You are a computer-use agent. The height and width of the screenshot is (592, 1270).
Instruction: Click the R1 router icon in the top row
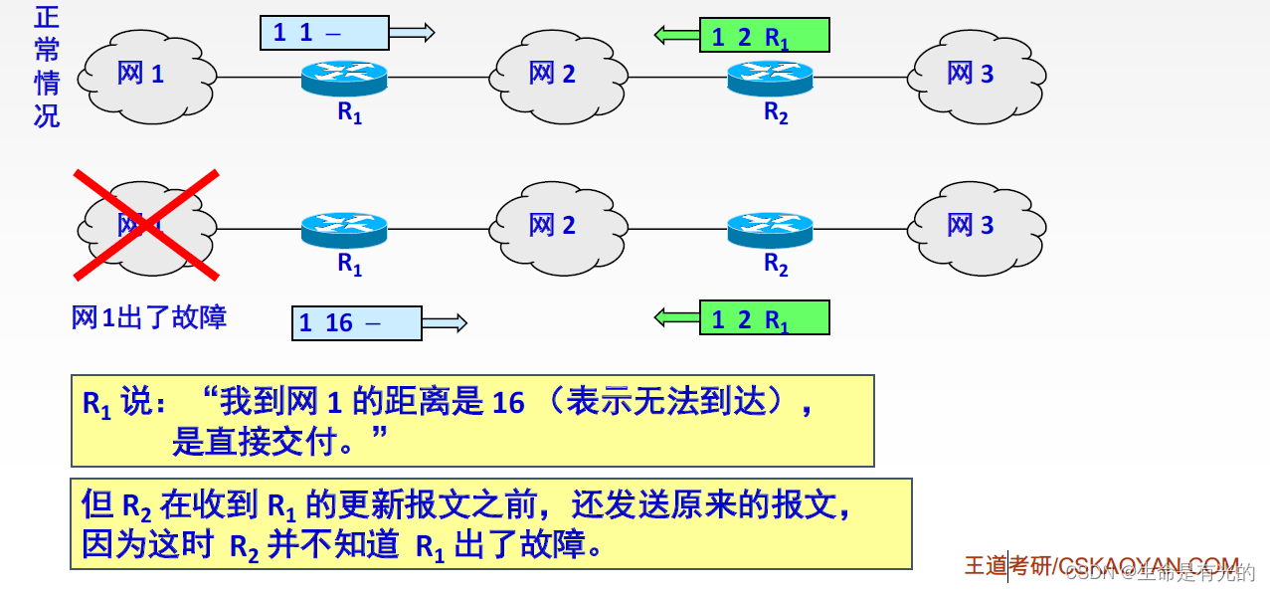(x=344, y=78)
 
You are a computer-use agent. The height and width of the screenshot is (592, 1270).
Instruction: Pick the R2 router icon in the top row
(x=769, y=78)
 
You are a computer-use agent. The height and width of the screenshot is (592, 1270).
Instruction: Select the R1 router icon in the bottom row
(x=344, y=230)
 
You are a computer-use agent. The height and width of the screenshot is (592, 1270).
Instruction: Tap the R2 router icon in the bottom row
(x=769, y=230)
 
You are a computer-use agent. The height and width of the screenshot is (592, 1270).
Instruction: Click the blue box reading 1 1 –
(x=324, y=33)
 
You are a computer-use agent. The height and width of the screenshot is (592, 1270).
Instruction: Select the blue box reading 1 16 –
(x=356, y=322)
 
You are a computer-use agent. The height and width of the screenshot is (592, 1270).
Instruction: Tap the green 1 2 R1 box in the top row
(x=764, y=36)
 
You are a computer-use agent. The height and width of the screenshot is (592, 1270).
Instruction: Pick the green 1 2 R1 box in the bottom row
(x=764, y=318)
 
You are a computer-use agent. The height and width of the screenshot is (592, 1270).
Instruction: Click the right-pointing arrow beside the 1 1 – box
(x=412, y=33)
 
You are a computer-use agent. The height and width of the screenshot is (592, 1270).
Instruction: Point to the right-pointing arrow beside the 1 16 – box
(x=444, y=322)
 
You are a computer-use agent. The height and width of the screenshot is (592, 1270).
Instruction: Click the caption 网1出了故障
(x=149, y=317)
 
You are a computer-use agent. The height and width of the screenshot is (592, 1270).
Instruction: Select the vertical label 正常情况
(x=47, y=67)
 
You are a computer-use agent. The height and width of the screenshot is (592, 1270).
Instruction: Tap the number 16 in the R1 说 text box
(x=507, y=403)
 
